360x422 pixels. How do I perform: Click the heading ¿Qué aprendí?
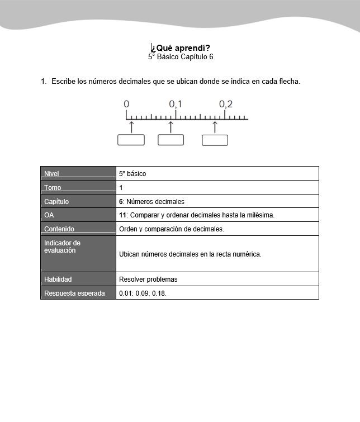pyautogui.click(x=180, y=48)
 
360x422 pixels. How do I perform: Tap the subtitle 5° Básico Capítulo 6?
pyautogui.click(x=180, y=57)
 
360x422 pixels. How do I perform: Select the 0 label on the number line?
pyautogui.click(x=126, y=105)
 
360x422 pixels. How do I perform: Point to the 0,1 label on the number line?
pyautogui.click(x=176, y=105)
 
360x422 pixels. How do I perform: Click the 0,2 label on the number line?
pyautogui.click(x=225, y=105)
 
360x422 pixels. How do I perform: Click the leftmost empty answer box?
pyautogui.click(x=131, y=140)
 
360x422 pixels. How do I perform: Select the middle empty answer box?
pyautogui.click(x=170, y=140)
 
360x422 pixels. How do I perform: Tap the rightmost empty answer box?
pyautogui.click(x=215, y=140)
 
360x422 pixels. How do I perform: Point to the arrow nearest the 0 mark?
pyautogui.click(x=131, y=126)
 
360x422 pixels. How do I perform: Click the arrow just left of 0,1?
pyautogui.click(x=170, y=126)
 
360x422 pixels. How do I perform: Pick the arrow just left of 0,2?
pyautogui.click(x=215, y=126)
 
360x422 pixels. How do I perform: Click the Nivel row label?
pyautogui.click(x=51, y=174)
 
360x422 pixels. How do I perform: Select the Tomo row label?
pyautogui.click(x=53, y=188)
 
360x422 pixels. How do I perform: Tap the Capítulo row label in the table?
pyautogui.click(x=56, y=201)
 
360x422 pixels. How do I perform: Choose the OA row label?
pyautogui.click(x=49, y=215)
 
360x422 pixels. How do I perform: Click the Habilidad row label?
pyautogui.click(x=58, y=279)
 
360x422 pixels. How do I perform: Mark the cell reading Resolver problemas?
pyautogui.click(x=148, y=279)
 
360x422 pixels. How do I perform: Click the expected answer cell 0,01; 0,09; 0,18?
pyautogui.click(x=143, y=293)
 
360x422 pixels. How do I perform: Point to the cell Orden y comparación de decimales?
pyautogui.click(x=172, y=229)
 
